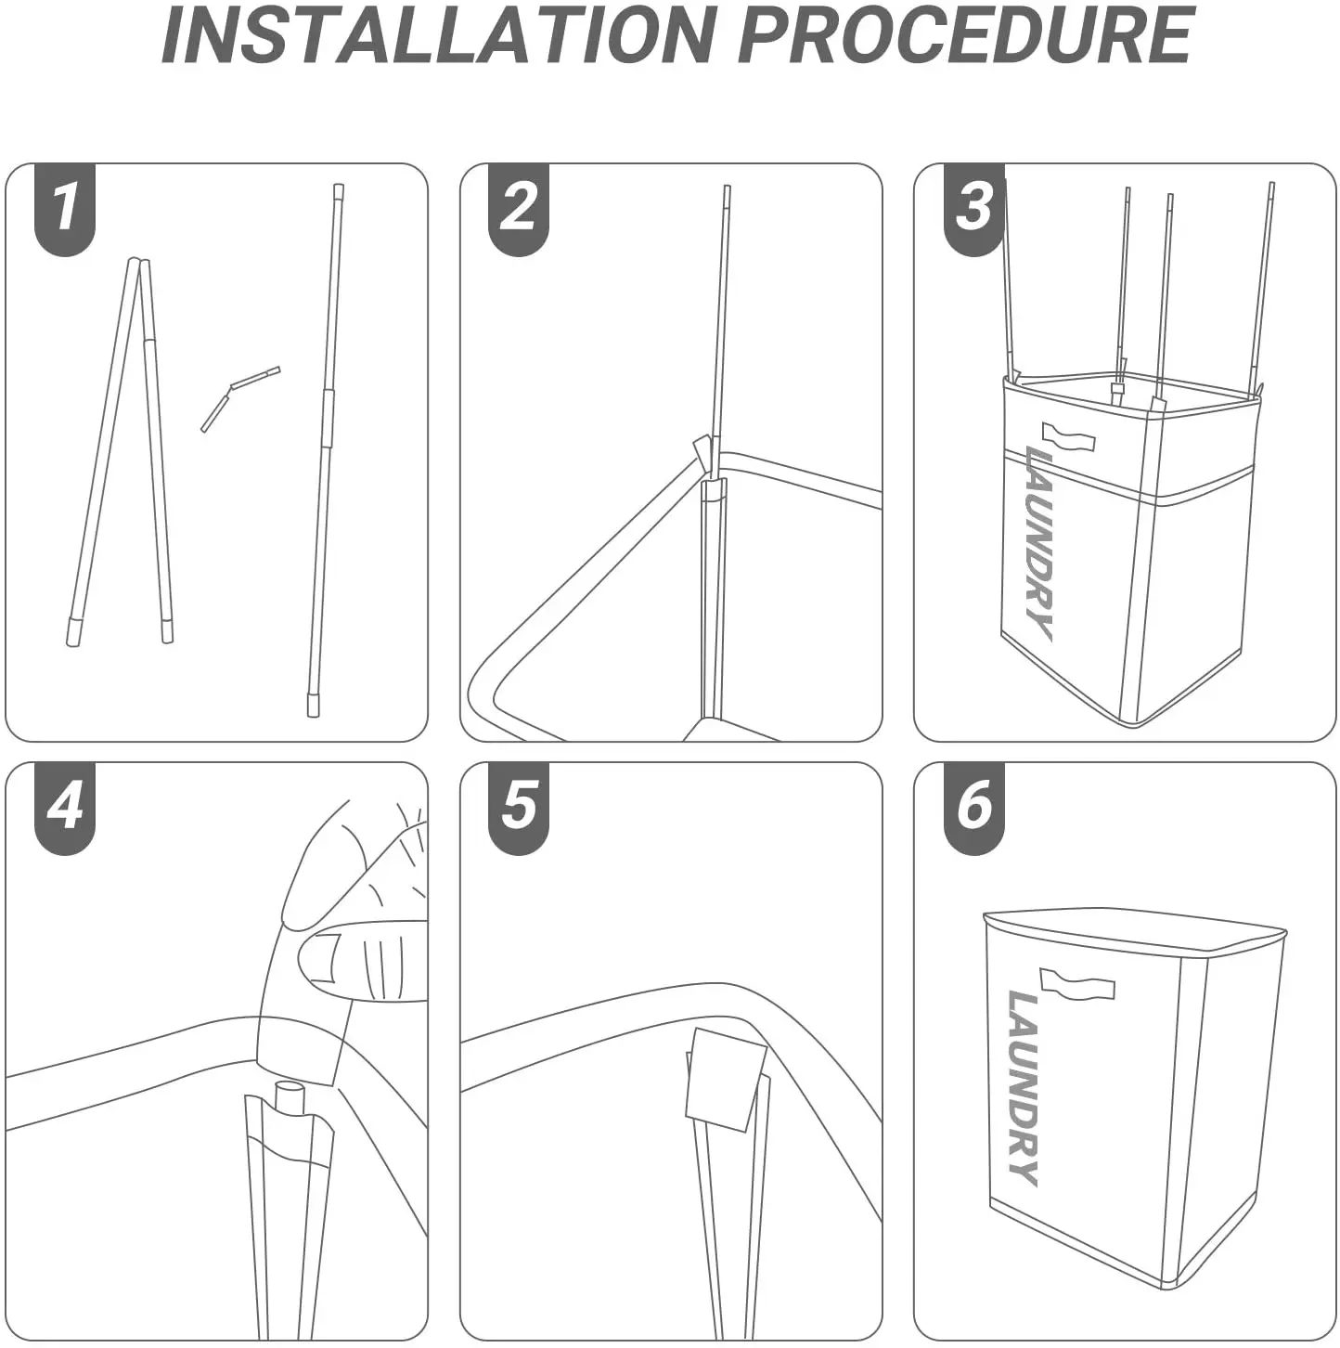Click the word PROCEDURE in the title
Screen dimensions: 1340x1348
tap(964, 34)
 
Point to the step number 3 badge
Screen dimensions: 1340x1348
tap(973, 207)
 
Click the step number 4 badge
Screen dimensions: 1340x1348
tap(65, 805)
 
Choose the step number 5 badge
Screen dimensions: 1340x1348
tap(519, 805)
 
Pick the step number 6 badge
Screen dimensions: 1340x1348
tap(973, 805)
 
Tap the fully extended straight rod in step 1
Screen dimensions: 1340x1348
tap(326, 446)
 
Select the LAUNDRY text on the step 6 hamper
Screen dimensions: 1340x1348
tap(1024, 1087)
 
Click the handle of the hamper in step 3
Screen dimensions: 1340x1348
tap(1068, 436)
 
